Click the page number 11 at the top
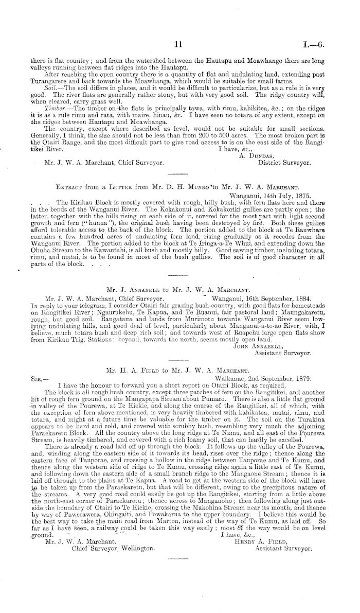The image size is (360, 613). [x=179, y=45]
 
